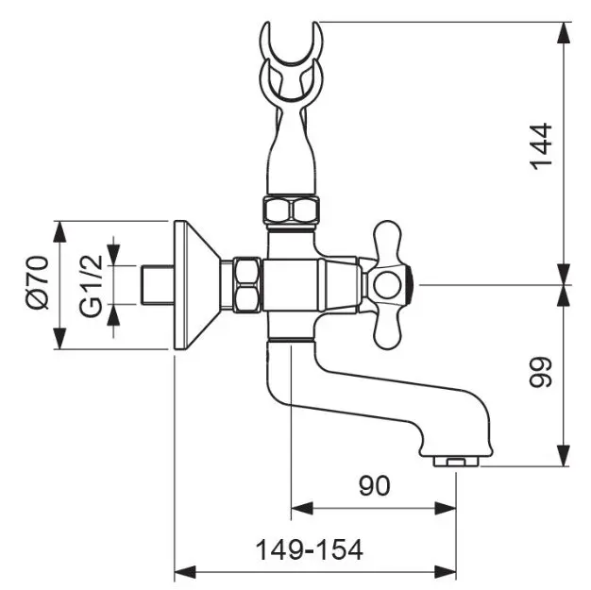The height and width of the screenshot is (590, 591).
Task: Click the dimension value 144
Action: [542, 146]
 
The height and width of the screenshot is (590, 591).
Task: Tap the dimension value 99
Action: [542, 372]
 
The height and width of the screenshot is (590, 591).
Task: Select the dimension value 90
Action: [374, 485]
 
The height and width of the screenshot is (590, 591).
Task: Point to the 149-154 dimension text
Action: [310, 550]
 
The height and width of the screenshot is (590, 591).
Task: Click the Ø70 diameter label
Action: [38, 283]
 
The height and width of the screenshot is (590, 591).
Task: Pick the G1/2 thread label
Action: [92, 286]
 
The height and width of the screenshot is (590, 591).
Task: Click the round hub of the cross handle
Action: [387, 285]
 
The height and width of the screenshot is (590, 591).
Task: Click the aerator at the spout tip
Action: [456, 462]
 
